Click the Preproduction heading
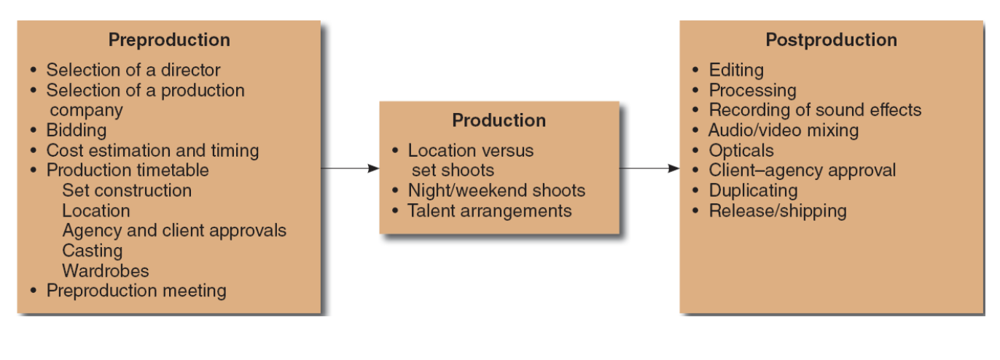point(169,40)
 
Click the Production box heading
point(499,120)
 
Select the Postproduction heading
point(831,40)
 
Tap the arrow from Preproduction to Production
point(350,168)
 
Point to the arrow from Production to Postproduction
point(649,168)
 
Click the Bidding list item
point(76,130)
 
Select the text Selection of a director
point(133,71)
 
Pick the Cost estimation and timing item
point(152,151)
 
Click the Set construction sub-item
point(127,191)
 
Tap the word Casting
point(93,251)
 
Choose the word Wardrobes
point(106,271)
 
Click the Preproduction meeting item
point(136,291)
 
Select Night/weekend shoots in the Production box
point(496,191)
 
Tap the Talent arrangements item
point(490,211)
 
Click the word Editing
point(736,71)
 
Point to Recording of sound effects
point(815,111)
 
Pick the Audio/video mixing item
point(784,130)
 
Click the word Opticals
point(741,151)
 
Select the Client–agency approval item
point(802,171)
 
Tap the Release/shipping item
point(778,211)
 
